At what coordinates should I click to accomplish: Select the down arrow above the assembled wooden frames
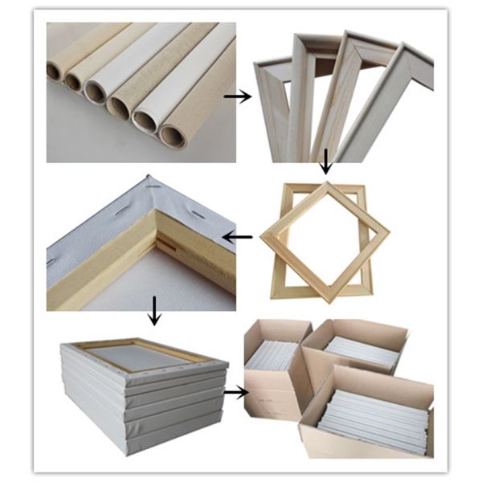[325, 165]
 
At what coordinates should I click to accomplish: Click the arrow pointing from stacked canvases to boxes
[235, 393]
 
